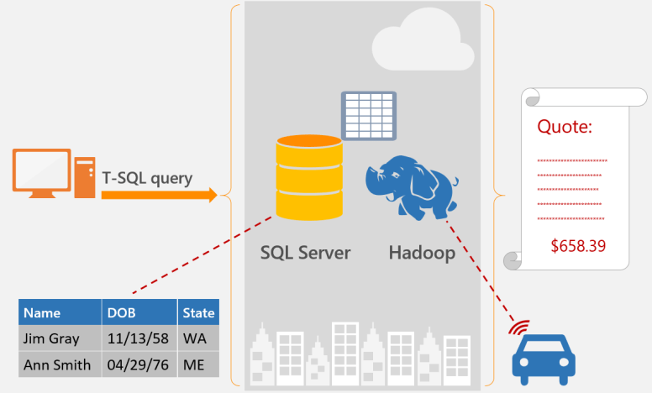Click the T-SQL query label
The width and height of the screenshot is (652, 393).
coord(147,178)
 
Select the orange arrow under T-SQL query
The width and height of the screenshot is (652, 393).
coord(160,196)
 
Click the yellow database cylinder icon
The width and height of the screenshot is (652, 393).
coord(309,178)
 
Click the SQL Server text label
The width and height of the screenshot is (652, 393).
coord(306,252)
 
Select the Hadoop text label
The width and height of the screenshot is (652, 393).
coord(422,252)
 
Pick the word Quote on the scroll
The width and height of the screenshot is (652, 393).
coord(565,128)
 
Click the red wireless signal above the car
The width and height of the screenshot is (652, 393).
coord(520,326)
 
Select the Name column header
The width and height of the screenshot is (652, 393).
coord(42,313)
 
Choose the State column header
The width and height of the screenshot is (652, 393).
coord(197,313)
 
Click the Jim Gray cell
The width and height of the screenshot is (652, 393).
coord(52,338)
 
